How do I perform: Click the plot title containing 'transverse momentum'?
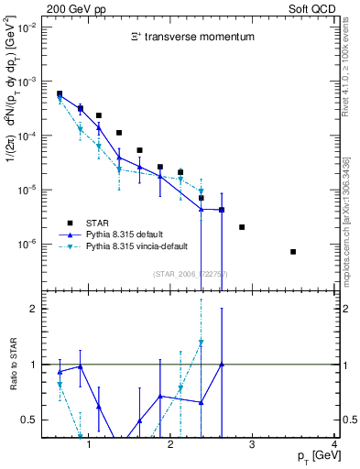191,37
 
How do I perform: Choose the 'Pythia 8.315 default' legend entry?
137,234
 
